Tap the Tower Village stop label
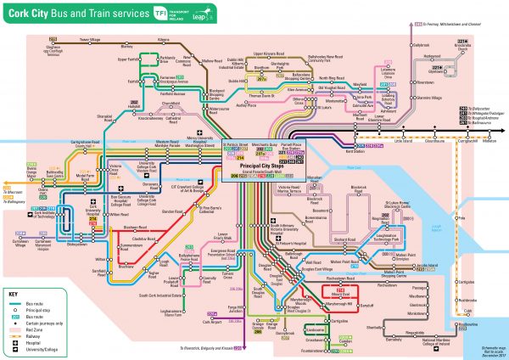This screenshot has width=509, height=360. (90, 39)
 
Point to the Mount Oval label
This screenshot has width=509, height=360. (340, 297)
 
